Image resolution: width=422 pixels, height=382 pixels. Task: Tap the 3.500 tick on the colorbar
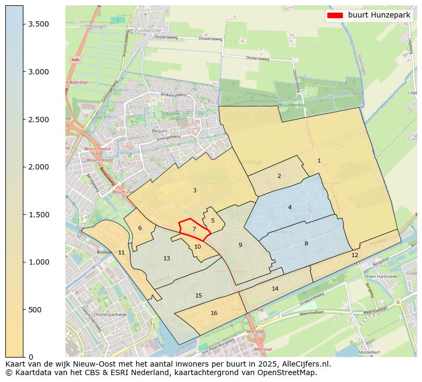23,24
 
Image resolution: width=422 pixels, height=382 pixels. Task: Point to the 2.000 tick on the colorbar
23,167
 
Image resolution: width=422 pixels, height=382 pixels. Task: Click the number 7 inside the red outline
194,229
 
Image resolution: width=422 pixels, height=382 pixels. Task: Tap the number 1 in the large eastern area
319,160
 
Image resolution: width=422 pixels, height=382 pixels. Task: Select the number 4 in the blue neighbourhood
290,207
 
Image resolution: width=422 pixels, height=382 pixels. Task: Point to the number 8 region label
306,243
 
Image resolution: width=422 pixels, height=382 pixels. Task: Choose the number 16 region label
214,313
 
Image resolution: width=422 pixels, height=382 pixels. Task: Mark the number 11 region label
121,252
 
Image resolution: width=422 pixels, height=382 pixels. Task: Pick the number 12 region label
355,255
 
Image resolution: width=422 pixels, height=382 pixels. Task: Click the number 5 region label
213,220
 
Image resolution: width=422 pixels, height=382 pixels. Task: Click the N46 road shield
75,60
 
